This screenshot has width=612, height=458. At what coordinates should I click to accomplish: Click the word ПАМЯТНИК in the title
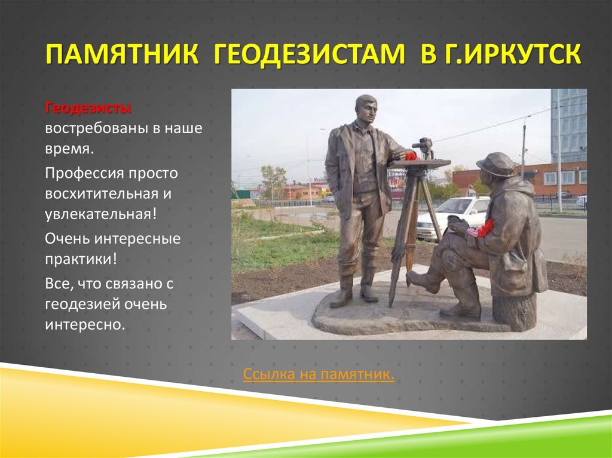122,54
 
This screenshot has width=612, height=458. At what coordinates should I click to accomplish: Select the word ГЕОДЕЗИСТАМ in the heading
310,54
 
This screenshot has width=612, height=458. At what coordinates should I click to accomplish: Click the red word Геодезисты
88,107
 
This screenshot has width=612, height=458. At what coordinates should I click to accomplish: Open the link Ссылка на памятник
319,374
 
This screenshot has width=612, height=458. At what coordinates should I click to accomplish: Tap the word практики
78,259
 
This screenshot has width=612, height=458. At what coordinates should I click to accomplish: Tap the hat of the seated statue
495,164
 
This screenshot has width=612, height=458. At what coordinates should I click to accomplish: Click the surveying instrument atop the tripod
424,148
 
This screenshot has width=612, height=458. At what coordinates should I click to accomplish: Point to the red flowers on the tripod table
411,156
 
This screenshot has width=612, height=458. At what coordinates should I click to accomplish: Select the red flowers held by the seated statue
484,228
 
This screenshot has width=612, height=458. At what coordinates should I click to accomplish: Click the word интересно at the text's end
85,325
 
